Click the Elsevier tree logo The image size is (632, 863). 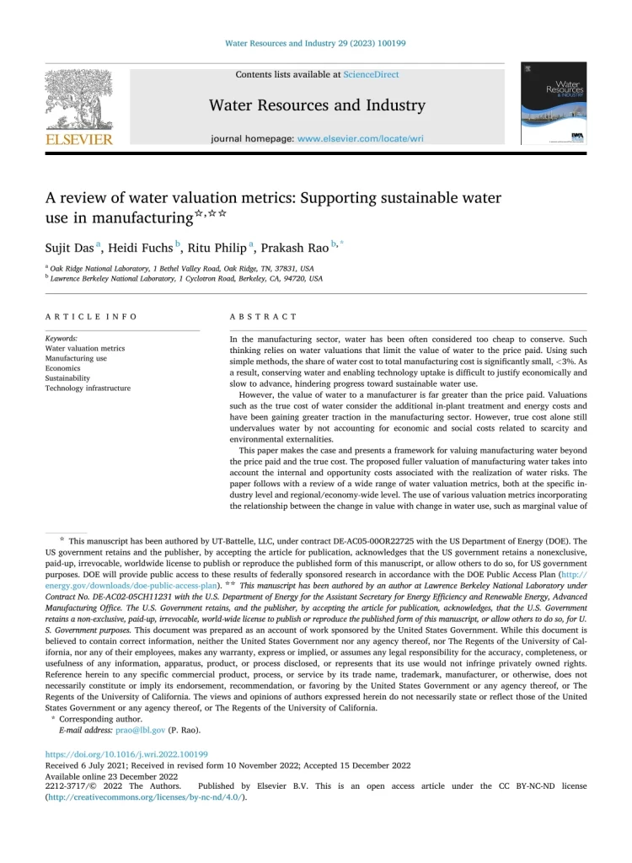pyautogui.click(x=78, y=98)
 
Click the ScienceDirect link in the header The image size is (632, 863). pyautogui.click(x=371, y=74)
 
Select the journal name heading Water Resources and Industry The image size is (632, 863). pyautogui.click(x=316, y=105)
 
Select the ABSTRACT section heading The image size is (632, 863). pyautogui.click(x=264, y=317)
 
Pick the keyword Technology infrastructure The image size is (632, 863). pyautogui.click(x=88, y=389)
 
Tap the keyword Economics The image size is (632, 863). pyautogui.click(x=63, y=368)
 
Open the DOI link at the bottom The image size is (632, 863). pyautogui.click(x=126, y=754)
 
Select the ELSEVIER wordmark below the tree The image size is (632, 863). pyautogui.click(x=78, y=138)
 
